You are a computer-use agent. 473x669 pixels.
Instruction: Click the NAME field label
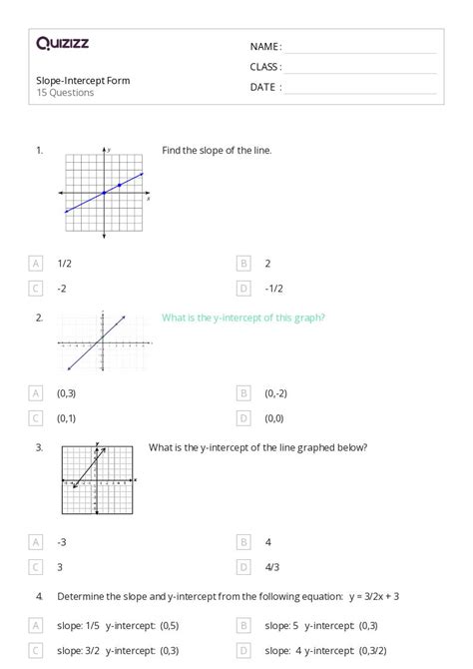265,47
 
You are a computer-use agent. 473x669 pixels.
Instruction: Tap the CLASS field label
265,67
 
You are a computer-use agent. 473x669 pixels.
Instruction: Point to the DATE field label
265,87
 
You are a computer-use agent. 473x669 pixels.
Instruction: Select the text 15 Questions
65,93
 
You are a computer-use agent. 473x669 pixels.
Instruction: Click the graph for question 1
104,194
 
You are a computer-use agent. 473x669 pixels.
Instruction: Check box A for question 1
36,264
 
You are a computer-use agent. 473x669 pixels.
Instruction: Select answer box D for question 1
242,289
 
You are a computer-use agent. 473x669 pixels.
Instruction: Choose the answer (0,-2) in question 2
276,393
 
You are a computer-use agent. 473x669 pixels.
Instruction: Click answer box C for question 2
36,418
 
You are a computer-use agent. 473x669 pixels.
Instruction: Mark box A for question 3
36,541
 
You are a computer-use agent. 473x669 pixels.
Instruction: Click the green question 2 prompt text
243,318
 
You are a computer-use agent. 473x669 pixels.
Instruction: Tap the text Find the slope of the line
217,151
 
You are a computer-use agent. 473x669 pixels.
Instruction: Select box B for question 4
242,625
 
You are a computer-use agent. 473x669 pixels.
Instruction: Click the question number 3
39,447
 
